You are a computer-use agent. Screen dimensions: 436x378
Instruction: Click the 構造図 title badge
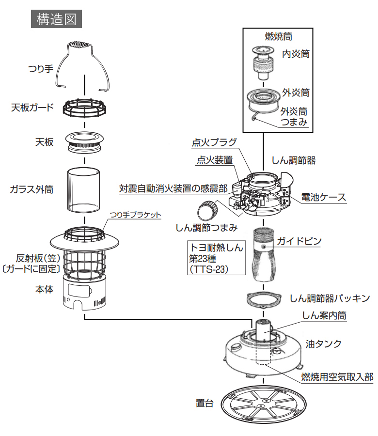(x=56, y=19)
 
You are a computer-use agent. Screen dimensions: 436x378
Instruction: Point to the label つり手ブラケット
(x=135, y=215)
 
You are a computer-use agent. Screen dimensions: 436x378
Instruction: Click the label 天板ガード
(x=32, y=107)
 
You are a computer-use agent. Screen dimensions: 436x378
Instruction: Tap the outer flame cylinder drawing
(x=263, y=101)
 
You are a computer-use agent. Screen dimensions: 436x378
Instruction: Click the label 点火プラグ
(x=214, y=142)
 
